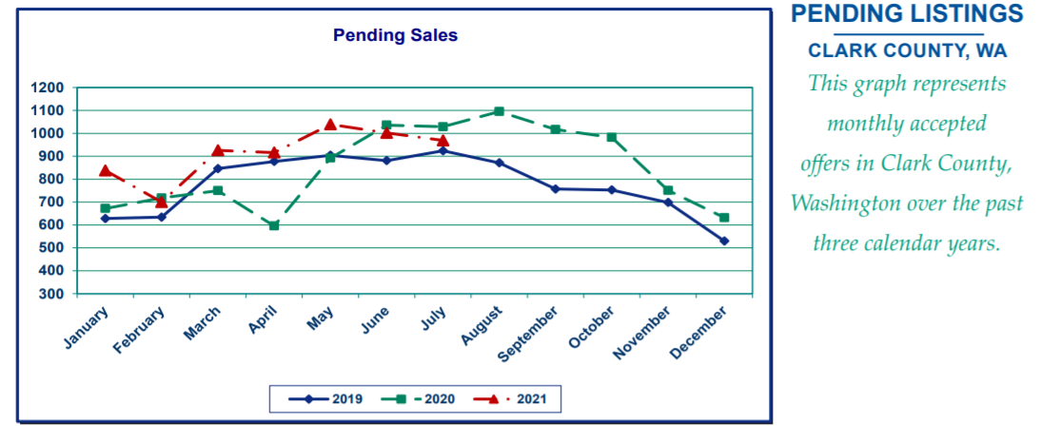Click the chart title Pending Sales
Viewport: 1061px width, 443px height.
395,36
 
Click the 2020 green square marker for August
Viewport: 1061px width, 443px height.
499,111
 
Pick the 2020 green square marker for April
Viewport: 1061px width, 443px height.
274,225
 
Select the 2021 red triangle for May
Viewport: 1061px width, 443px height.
330,125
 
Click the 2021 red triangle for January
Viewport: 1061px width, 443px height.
105,170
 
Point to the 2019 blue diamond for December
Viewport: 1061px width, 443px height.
724,241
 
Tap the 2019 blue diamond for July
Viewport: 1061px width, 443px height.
442,150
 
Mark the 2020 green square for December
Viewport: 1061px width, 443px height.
724,218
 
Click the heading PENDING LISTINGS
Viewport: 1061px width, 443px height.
907,14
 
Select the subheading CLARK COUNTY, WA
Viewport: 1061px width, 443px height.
907,50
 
